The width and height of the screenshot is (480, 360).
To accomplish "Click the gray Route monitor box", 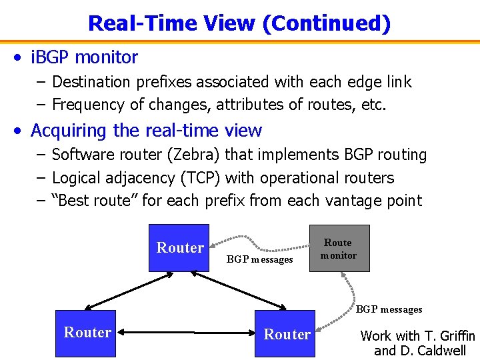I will point(339,248).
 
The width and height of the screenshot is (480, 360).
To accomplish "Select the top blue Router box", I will point(179,248).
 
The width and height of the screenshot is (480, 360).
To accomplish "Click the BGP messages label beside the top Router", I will point(259,259).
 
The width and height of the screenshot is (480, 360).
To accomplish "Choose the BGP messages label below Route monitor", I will point(389,309).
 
